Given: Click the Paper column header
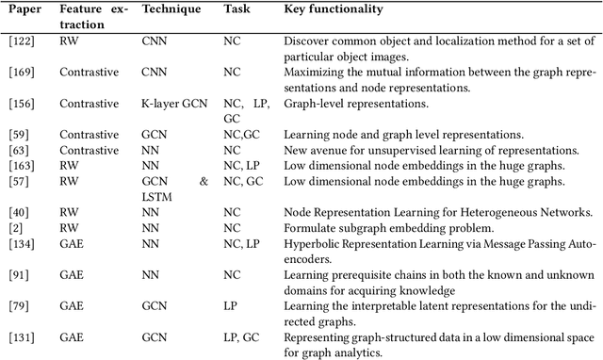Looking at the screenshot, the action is pyautogui.click(x=21, y=8).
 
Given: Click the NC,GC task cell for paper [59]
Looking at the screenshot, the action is pyautogui.click(x=241, y=134).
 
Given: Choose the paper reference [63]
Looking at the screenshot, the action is pyautogui.click(x=19, y=149).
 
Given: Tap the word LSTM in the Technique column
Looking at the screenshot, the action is pyautogui.click(x=158, y=194).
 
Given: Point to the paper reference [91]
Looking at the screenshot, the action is pyautogui.click(x=19, y=272).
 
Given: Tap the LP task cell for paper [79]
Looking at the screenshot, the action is pyautogui.click(x=231, y=305).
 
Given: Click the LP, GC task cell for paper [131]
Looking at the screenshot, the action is pyautogui.click(x=241, y=335).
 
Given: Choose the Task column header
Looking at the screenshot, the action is pyautogui.click(x=236, y=8).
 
